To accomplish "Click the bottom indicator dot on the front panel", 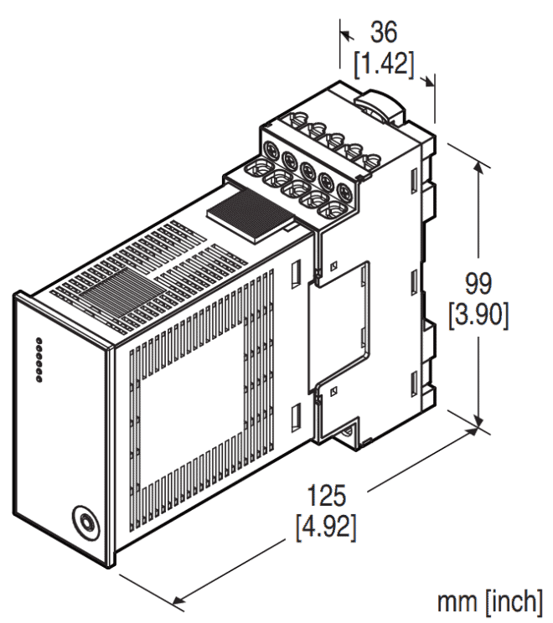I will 39,381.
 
